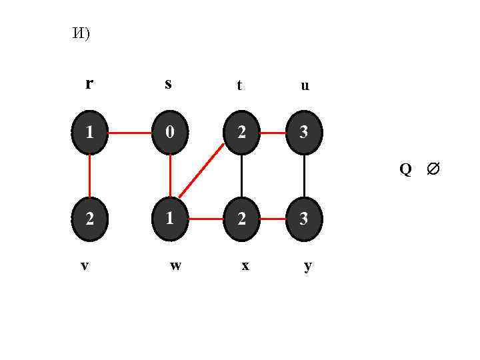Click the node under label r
click(89, 133)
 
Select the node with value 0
click(171, 133)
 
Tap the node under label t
click(241, 133)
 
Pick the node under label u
click(304, 133)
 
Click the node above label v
click(89, 218)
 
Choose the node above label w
click(171, 218)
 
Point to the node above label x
click(241, 218)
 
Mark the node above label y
click(304, 218)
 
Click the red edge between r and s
click(130, 133)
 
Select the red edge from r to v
click(89, 175)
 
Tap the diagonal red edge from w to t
click(201, 170)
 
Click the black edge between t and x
click(241, 175)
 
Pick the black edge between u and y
click(304, 175)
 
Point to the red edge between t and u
click(273, 133)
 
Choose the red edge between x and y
click(273, 218)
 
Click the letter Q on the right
click(405, 169)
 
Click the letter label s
click(168, 84)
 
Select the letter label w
click(175, 265)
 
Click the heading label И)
click(81, 35)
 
